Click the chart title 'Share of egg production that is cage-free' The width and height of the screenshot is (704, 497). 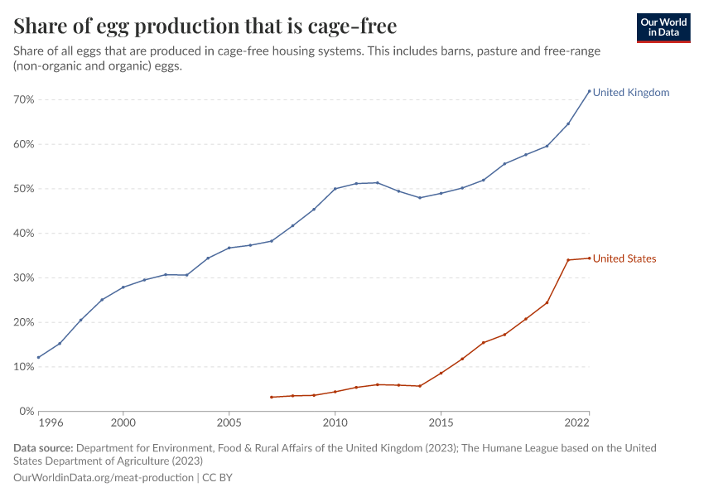tap(205, 26)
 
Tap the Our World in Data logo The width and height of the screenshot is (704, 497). tap(663, 27)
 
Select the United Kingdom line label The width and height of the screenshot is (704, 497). tap(630, 93)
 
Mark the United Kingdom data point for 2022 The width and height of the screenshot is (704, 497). tap(589, 91)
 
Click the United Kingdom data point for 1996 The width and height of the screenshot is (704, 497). tap(38, 358)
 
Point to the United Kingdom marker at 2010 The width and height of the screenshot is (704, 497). tap(335, 189)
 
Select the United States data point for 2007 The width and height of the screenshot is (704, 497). tap(272, 397)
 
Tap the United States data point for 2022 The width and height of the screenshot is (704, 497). tap(589, 258)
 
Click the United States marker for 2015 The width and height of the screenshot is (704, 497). tap(441, 373)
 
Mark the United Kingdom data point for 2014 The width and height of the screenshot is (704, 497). tap(420, 198)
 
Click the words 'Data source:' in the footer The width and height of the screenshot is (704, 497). tap(43, 448)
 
